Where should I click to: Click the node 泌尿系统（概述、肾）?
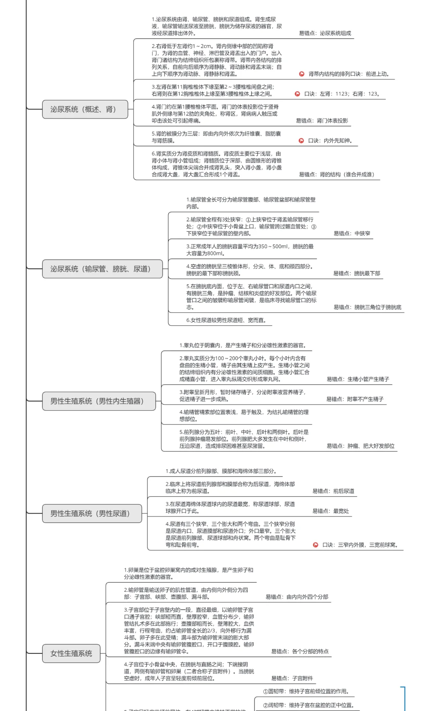tap(85, 109)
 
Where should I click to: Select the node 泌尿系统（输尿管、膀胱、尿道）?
tap(102, 269)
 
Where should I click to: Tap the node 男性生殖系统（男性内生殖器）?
tap(99, 401)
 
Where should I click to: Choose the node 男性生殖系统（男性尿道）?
tap(92, 513)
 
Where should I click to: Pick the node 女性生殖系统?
tap(71, 653)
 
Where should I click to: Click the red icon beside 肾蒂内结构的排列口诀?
tap(302, 74)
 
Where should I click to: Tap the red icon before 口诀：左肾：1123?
tap(297, 94)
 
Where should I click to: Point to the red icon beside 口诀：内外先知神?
tap(301, 141)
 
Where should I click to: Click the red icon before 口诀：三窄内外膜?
tap(315, 545)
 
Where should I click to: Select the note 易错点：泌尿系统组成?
tap(325, 33)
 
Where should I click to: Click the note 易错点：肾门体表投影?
tap(322, 121)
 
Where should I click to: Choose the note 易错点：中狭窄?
tap(351, 233)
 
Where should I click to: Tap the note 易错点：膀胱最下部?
tap(356, 273)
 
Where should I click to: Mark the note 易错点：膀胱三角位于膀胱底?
tap(367, 307)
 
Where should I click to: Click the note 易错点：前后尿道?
tap(333, 491)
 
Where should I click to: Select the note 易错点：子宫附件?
tap(292, 678)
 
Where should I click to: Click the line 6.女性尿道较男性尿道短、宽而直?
tap(226, 320)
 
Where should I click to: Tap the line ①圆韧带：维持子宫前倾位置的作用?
tap(306, 691)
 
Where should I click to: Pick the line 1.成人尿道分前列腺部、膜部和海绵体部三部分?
tap(222, 471)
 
